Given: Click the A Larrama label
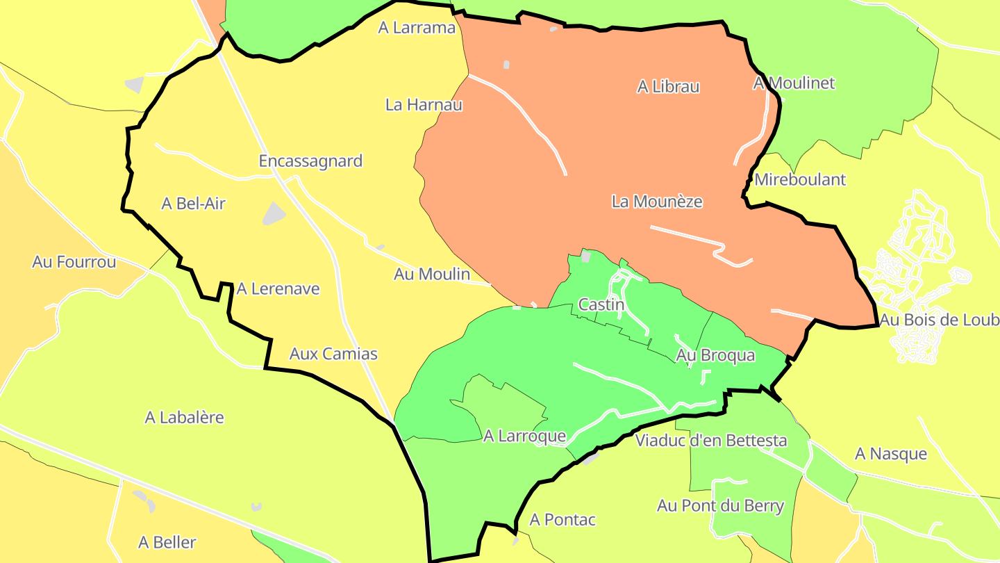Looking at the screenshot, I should point(417,28).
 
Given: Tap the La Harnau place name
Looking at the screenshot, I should point(424,105).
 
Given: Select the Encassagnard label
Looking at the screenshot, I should point(310,161).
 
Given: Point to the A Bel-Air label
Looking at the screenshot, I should point(193,204).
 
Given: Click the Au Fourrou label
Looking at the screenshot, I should point(74,262).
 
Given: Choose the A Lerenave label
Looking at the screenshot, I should point(278,288).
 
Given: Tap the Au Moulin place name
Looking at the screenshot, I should point(432,274).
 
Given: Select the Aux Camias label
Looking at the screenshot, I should point(333,354).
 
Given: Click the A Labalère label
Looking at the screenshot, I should point(184,418).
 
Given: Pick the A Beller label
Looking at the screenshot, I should point(167,542).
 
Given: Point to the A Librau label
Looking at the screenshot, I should point(668,87).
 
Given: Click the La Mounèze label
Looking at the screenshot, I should point(657,202).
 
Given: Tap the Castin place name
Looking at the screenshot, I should point(601,304).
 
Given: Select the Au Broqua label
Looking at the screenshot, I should point(715,355).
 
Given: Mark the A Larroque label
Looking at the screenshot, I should point(525,436).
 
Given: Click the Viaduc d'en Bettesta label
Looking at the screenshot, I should point(711,441).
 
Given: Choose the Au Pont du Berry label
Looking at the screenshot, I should point(720,506).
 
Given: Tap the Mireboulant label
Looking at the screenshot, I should point(800,179).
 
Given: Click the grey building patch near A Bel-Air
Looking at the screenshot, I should point(274,213).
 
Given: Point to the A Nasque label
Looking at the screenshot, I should point(890,455).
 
